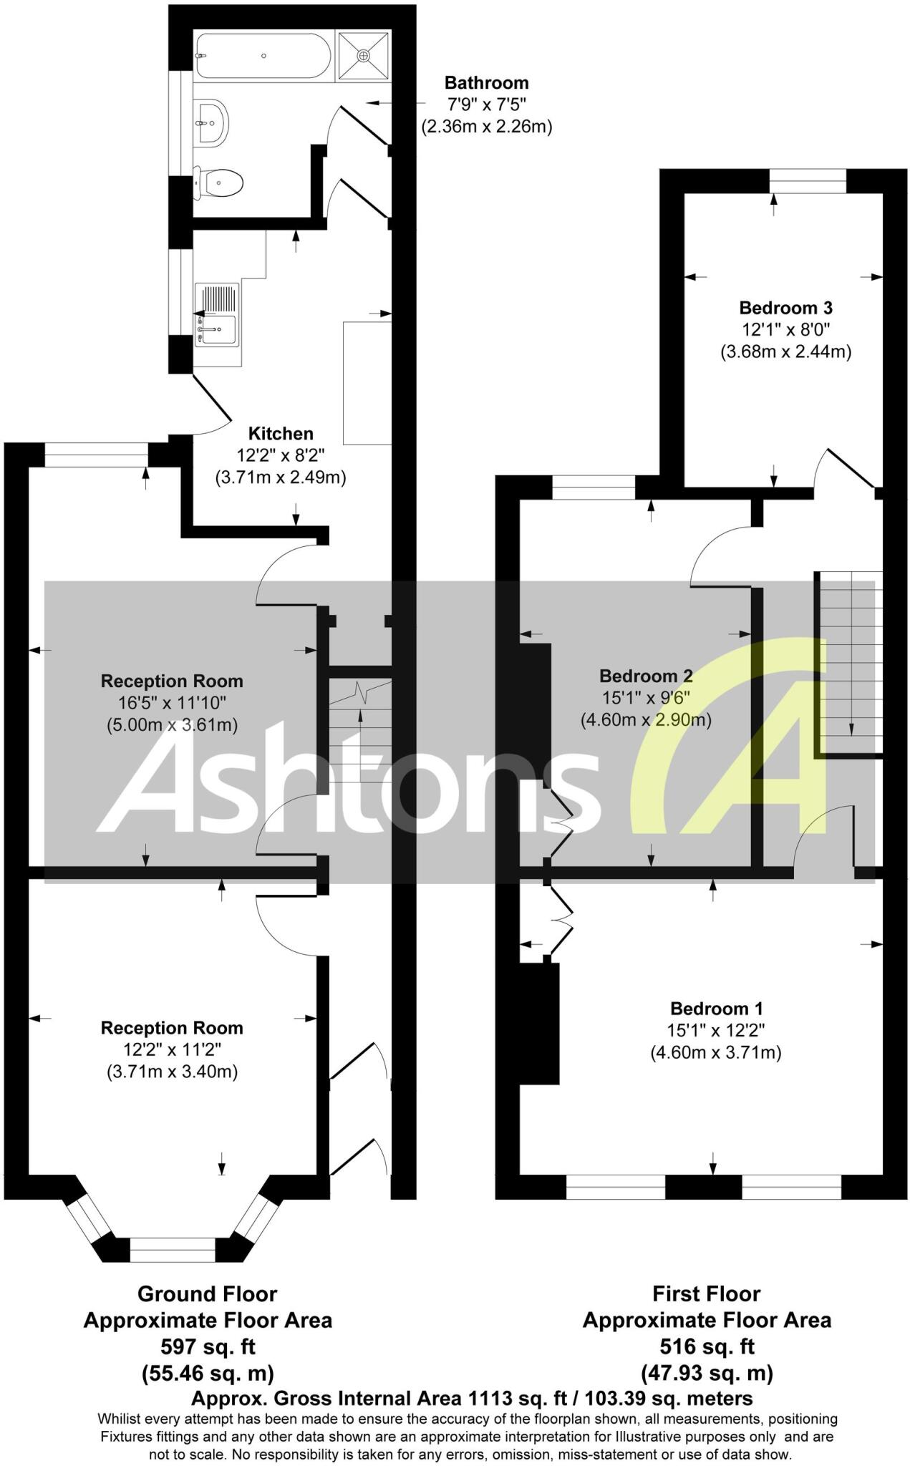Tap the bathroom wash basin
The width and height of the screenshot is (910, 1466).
pyautogui.click(x=212, y=122)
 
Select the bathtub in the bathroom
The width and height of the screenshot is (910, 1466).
pyautogui.click(x=262, y=56)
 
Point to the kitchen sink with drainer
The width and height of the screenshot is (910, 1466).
pyautogui.click(x=216, y=314)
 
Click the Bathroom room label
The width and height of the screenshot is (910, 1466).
pyautogui.click(x=486, y=82)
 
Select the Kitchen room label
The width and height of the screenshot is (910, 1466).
pyautogui.click(x=281, y=433)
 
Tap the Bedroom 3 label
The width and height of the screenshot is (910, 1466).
pyautogui.click(x=785, y=308)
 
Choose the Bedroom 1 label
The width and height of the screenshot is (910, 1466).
pyautogui.click(x=716, y=1009)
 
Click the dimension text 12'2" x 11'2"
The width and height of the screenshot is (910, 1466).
pyautogui.click(x=172, y=1050)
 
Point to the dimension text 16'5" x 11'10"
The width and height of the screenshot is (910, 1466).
pyautogui.click(x=172, y=703)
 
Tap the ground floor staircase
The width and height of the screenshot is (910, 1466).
pyautogui.click(x=359, y=723)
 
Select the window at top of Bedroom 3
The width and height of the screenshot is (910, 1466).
pyautogui.click(x=808, y=182)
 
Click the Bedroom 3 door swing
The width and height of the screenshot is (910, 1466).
pyautogui.click(x=845, y=469)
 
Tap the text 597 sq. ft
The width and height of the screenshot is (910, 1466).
pyautogui.click(x=208, y=1346)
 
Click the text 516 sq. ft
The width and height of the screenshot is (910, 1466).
pyautogui.click(x=707, y=1346)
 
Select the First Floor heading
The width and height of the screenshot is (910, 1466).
pyautogui.click(x=706, y=1293)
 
